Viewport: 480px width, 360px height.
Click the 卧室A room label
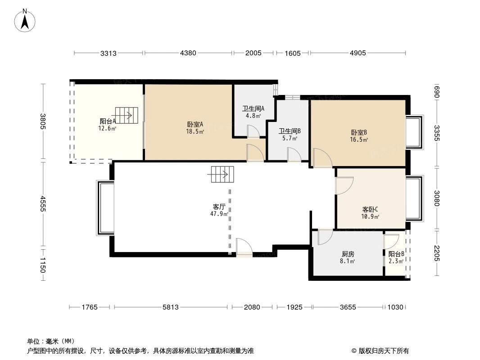point(195,124)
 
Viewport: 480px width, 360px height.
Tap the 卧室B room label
point(359,132)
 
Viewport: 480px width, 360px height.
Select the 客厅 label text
point(219,207)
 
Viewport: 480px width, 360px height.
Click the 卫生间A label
point(253,108)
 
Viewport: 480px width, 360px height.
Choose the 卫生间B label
point(289,131)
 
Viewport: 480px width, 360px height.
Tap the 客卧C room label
point(370,209)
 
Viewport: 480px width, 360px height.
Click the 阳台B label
point(396,253)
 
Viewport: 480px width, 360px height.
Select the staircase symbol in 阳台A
point(124,115)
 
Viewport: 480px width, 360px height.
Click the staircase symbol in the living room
point(222,174)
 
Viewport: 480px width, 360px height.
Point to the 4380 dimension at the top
point(188,53)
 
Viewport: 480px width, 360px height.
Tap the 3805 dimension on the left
point(43,121)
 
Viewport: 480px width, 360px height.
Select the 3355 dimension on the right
point(436,133)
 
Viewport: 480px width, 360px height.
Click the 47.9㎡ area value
point(219,214)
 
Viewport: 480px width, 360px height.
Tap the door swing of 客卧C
point(344,185)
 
